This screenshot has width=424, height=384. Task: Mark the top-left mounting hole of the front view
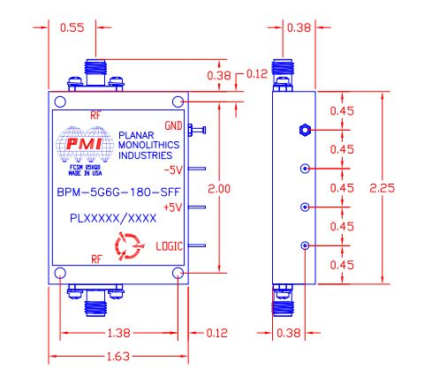coord(60,100)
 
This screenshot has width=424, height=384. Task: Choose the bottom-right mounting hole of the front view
coord(178,274)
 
